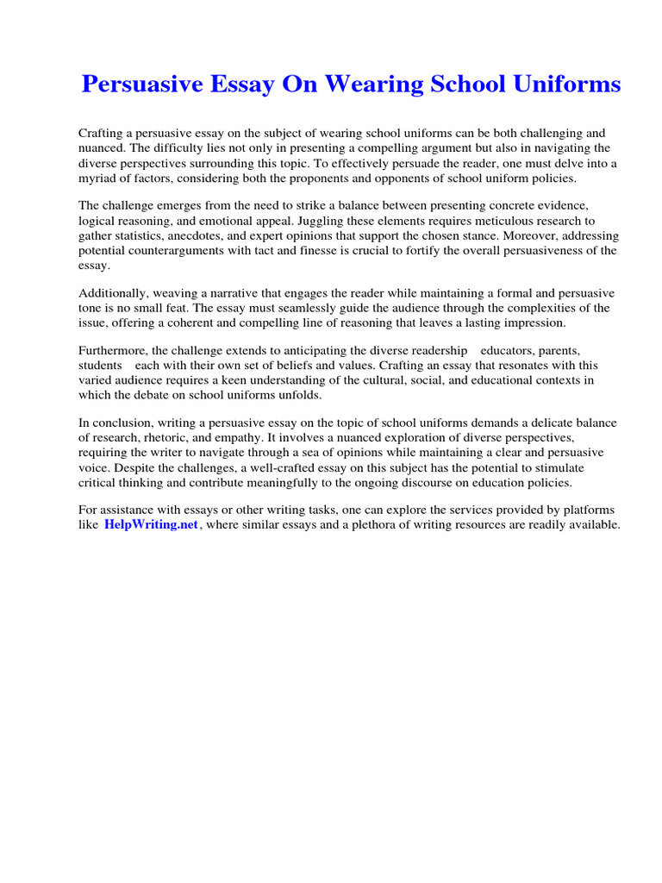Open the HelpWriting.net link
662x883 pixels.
[152, 525]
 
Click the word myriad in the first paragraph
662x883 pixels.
[98, 178]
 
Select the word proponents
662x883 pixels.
[330, 178]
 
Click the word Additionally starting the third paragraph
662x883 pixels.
[112, 293]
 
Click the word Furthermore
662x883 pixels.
[112, 351]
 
